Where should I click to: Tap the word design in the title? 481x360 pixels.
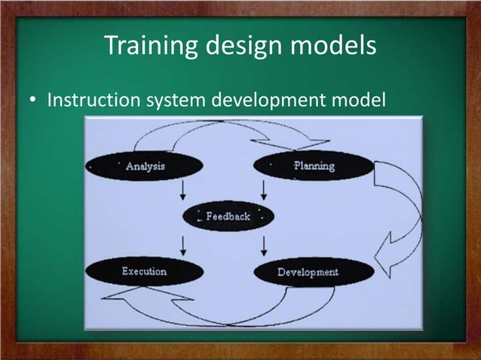(x=240, y=47)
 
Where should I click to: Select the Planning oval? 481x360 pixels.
(x=314, y=166)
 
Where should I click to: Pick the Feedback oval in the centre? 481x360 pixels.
(x=228, y=216)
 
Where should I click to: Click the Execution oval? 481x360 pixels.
(x=144, y=271)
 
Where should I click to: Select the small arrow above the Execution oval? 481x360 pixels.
(x=183, y=245)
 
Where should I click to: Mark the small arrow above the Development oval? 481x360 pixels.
(x=264, y=245)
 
